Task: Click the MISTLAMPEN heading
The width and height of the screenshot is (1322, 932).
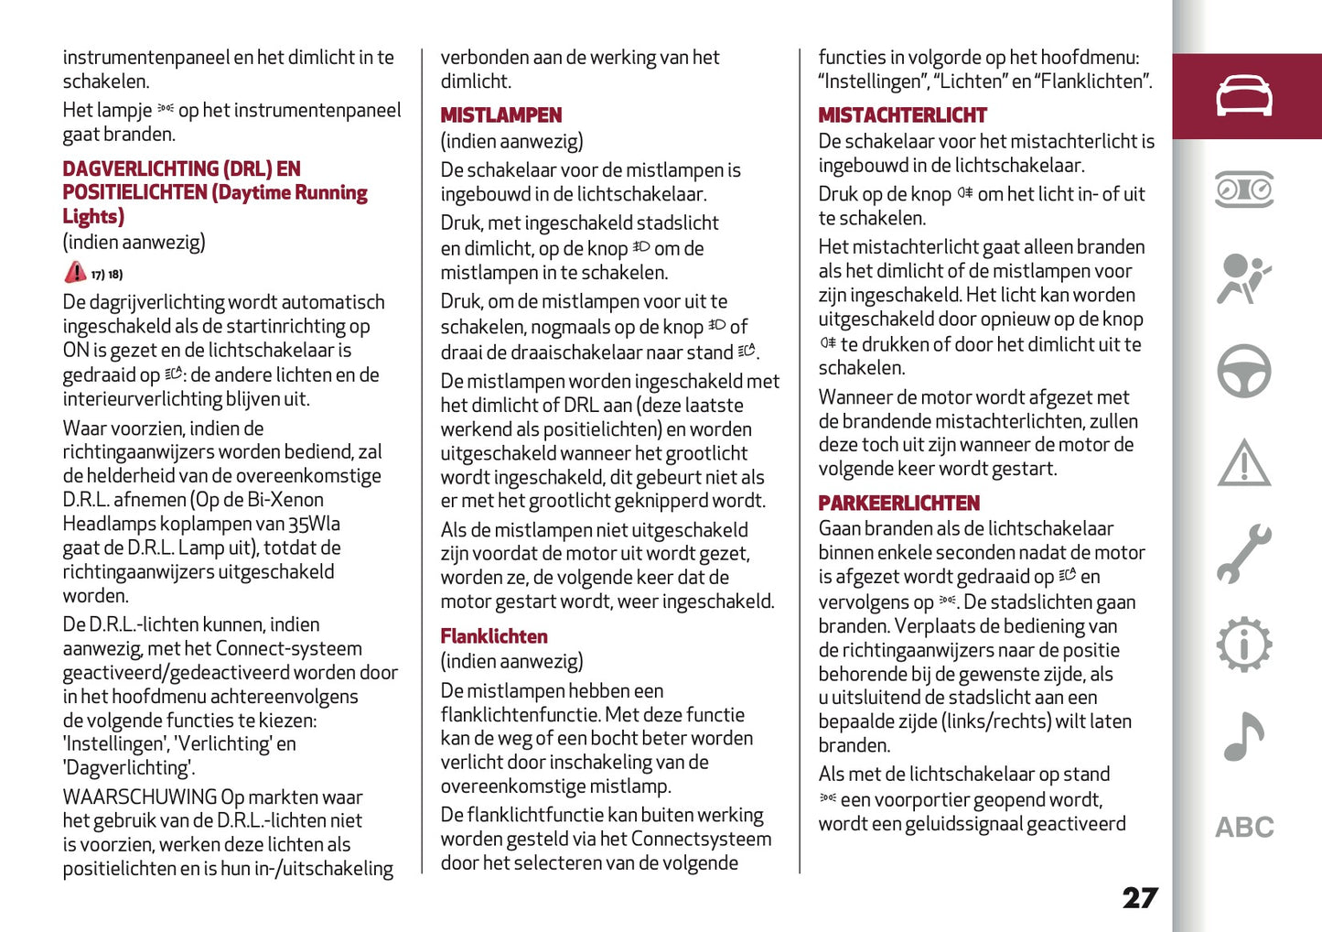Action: tap(500, 115)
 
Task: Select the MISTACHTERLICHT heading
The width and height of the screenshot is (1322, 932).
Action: tap(902, 115)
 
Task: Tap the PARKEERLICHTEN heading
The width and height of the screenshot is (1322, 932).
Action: tap(898, 504)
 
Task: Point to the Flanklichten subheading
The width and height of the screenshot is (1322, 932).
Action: tap(494, 636)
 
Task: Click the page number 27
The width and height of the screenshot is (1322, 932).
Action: tap(1140, 898)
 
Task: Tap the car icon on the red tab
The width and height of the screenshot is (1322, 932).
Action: tap(1243, 96)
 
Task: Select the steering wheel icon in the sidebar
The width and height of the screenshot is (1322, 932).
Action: tap(1243, 371)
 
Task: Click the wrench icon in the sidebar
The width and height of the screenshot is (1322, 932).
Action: tap(1243, 554)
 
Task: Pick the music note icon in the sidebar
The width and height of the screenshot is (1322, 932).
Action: tap(1243, 737)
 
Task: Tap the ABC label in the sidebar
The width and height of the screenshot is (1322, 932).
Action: tap(1244, 828)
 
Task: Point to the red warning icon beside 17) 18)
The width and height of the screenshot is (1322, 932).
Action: tap(75, 273)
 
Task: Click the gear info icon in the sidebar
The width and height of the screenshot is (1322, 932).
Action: tap(1243, 645)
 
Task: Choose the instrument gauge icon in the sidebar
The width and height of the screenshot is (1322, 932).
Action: tap(1243, 189)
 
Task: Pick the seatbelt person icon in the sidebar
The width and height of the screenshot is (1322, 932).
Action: tap(1243, 279)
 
